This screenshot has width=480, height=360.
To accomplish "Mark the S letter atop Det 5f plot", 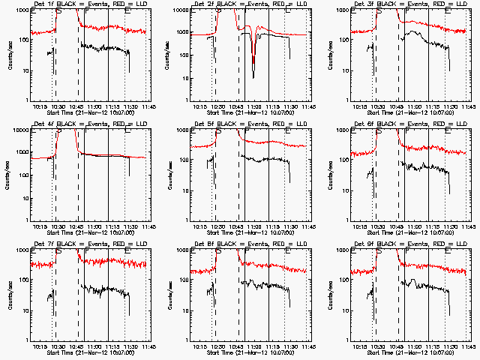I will [x=218, y=130].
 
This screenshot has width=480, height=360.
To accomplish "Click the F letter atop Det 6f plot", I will [x=408, y=130].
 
